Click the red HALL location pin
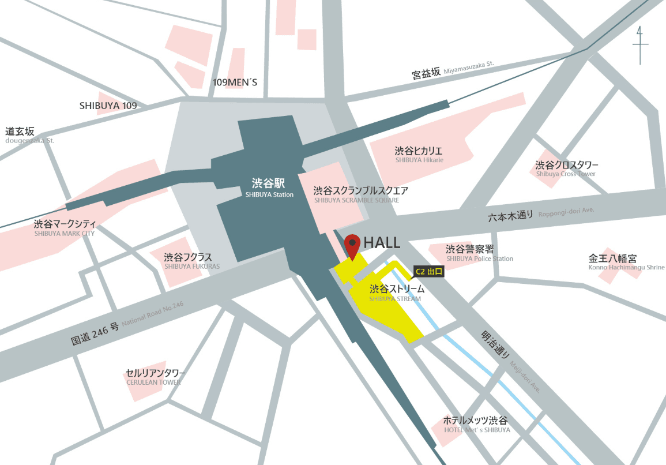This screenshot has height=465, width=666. pos(352,246)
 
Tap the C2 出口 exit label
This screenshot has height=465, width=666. pos(428,271)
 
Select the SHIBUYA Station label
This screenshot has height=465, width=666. pos(269,188)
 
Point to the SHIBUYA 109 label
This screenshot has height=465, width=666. pos(108,106)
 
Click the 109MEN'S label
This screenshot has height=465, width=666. pos(235,82)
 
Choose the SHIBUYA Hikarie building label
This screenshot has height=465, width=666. pos(419,154)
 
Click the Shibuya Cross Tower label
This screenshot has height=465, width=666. pos(567,168)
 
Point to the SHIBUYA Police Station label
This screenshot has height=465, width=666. pos(479,253)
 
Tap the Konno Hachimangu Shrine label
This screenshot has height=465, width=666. pos(626,262)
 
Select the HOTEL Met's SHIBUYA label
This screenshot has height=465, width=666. pos(476,424)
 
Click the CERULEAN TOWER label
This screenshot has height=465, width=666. pos(155,377)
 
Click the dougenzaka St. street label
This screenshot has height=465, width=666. pos(28,135)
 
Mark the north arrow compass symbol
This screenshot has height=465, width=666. pos(639,46)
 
